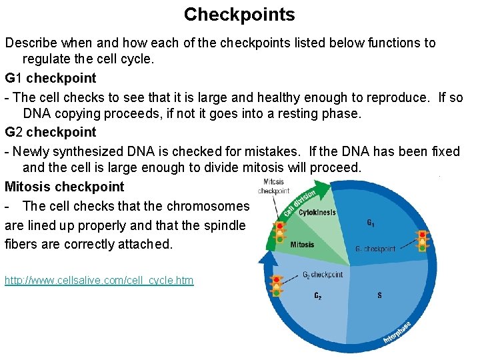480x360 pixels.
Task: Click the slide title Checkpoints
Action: (239, 15)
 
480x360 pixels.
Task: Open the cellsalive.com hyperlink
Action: (99, 281)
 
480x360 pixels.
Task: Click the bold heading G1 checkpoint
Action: (51, 78)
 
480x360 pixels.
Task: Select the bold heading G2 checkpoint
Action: (51, 132)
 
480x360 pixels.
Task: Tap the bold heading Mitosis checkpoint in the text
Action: (64, 187)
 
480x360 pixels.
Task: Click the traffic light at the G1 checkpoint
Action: (421, 241)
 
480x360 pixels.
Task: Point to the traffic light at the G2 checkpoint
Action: (275, 286)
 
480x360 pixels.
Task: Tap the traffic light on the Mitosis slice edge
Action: (279, 232)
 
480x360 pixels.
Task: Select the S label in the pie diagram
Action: (379, 295)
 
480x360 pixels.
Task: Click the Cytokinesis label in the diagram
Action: (317, 213)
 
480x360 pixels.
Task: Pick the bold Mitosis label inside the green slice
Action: (302, 245)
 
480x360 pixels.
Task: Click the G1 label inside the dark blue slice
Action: (371, 223)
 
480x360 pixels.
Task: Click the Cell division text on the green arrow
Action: (299, 203)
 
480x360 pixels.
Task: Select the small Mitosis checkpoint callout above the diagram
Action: (273, 186)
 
